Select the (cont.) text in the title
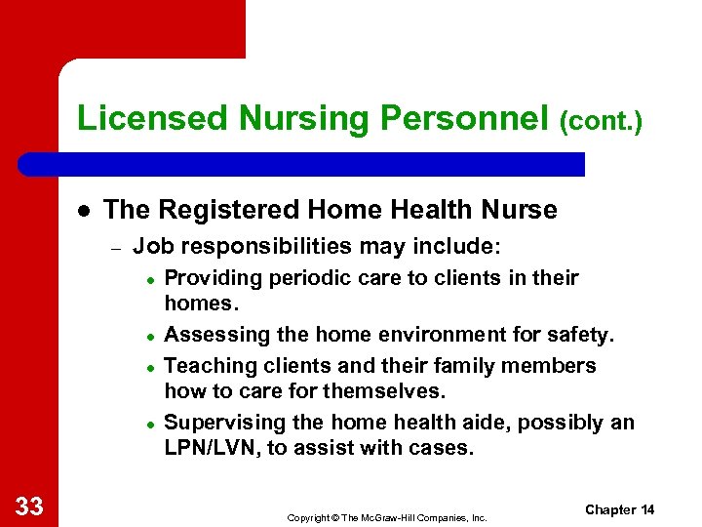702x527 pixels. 601,121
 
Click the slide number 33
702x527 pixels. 28,505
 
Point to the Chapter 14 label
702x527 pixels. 619,509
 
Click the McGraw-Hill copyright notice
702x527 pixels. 386,517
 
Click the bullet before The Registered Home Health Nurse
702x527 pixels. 84,211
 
